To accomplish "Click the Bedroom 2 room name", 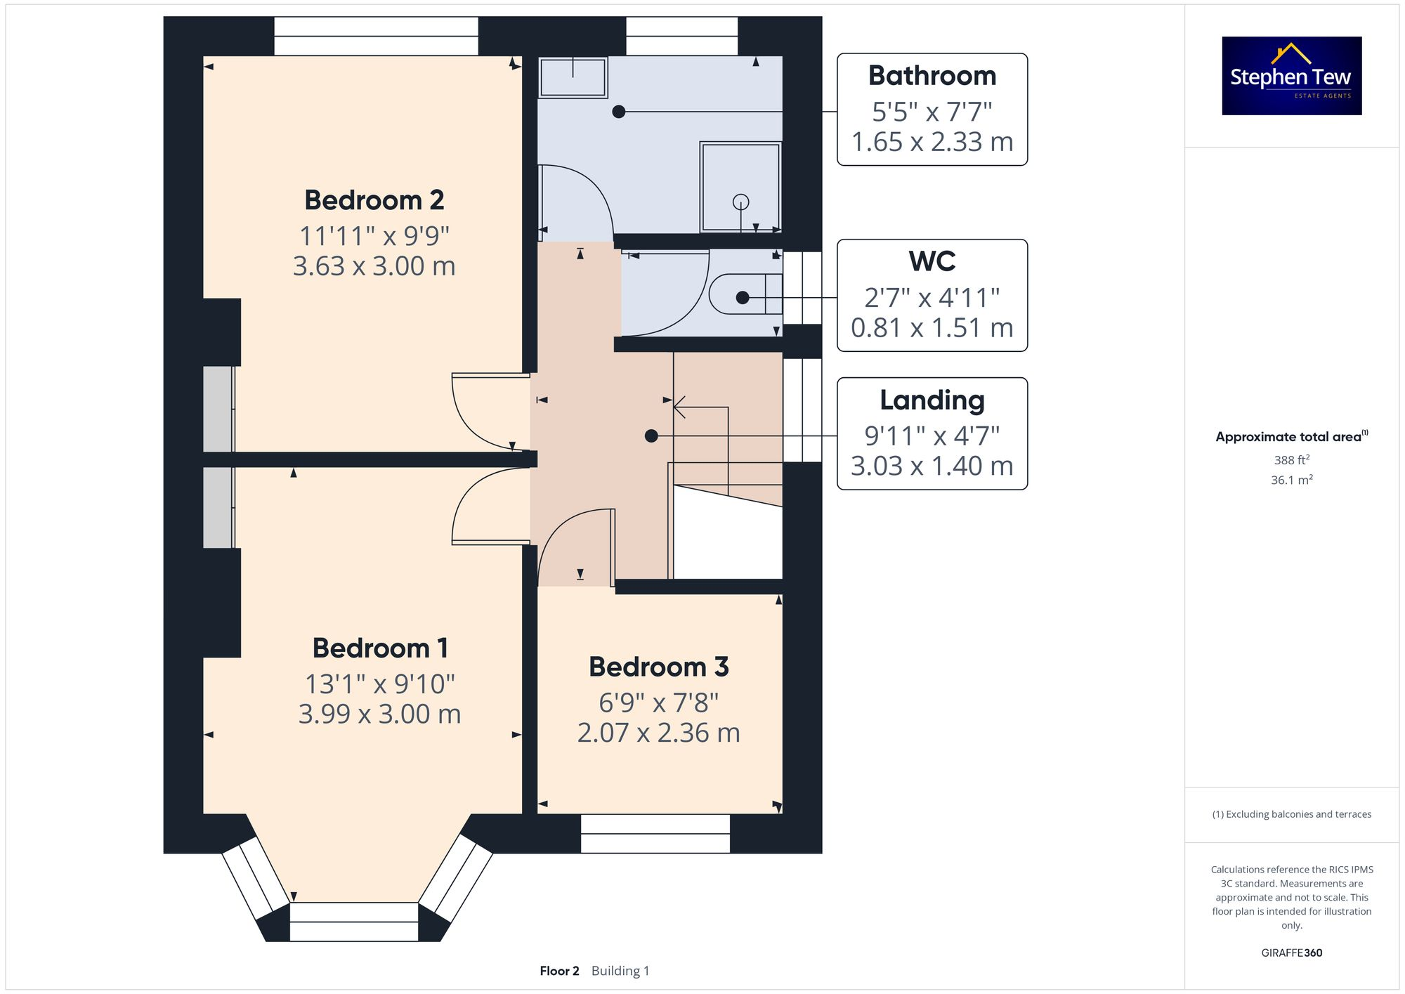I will pos(374,200).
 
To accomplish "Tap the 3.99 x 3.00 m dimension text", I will pos(379,714).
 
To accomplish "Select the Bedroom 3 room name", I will pos(658,667).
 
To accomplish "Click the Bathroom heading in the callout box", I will pos(932,76).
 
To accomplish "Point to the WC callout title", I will pos(932,261).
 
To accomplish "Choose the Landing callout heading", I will pos(932,400).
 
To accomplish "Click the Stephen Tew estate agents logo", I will pos(1291,76).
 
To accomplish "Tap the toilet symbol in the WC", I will pos(738,294).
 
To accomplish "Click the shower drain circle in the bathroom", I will pos(740,202).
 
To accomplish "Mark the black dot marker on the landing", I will pos(651,436).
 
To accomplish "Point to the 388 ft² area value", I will pos(1291,460).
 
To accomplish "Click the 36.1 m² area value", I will pos(1291,480).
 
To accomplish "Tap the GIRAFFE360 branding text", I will pos(1291,953).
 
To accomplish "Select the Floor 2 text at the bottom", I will pos(559,971).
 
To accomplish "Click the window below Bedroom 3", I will pos(655,834).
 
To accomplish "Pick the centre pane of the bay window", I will pos(354,922).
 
